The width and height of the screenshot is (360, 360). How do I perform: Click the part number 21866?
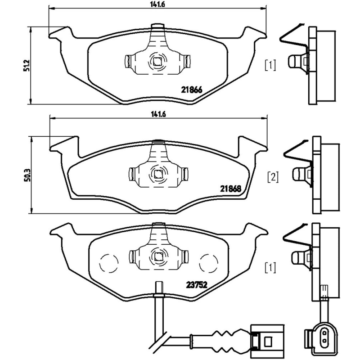[190, 90]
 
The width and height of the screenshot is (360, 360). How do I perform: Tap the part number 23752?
[197, 284]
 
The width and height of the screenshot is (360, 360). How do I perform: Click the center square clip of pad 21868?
[158, 173]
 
